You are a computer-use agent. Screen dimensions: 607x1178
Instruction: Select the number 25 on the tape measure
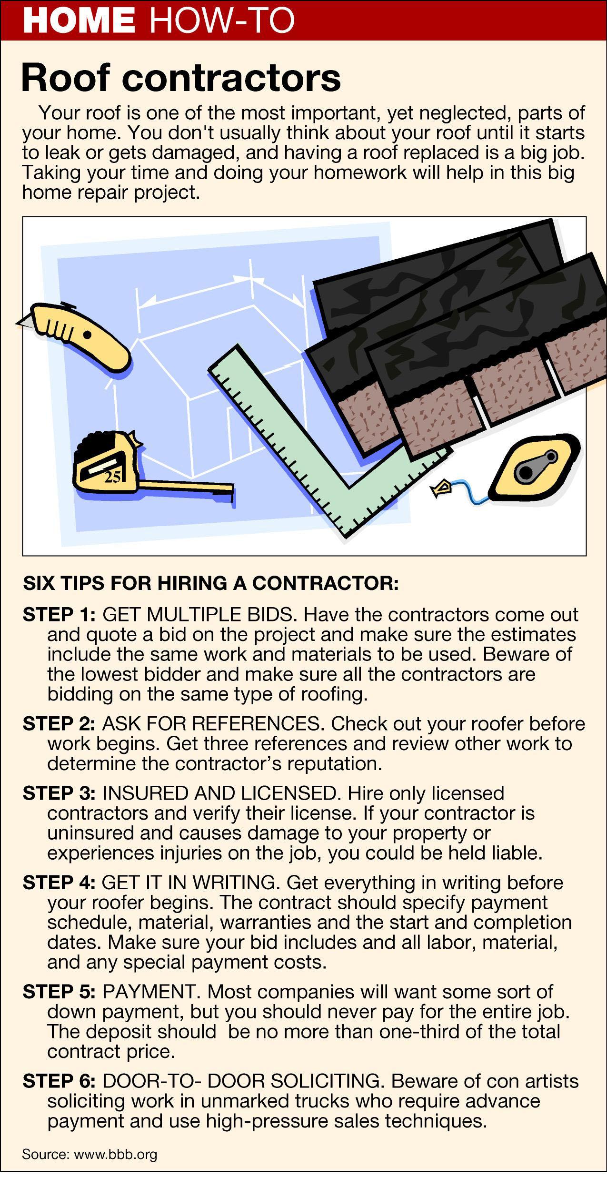pyautogui.click(x=112, y=477)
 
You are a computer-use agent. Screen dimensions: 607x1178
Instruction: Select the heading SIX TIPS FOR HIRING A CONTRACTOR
pyautogui.click(x=211, y=583)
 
